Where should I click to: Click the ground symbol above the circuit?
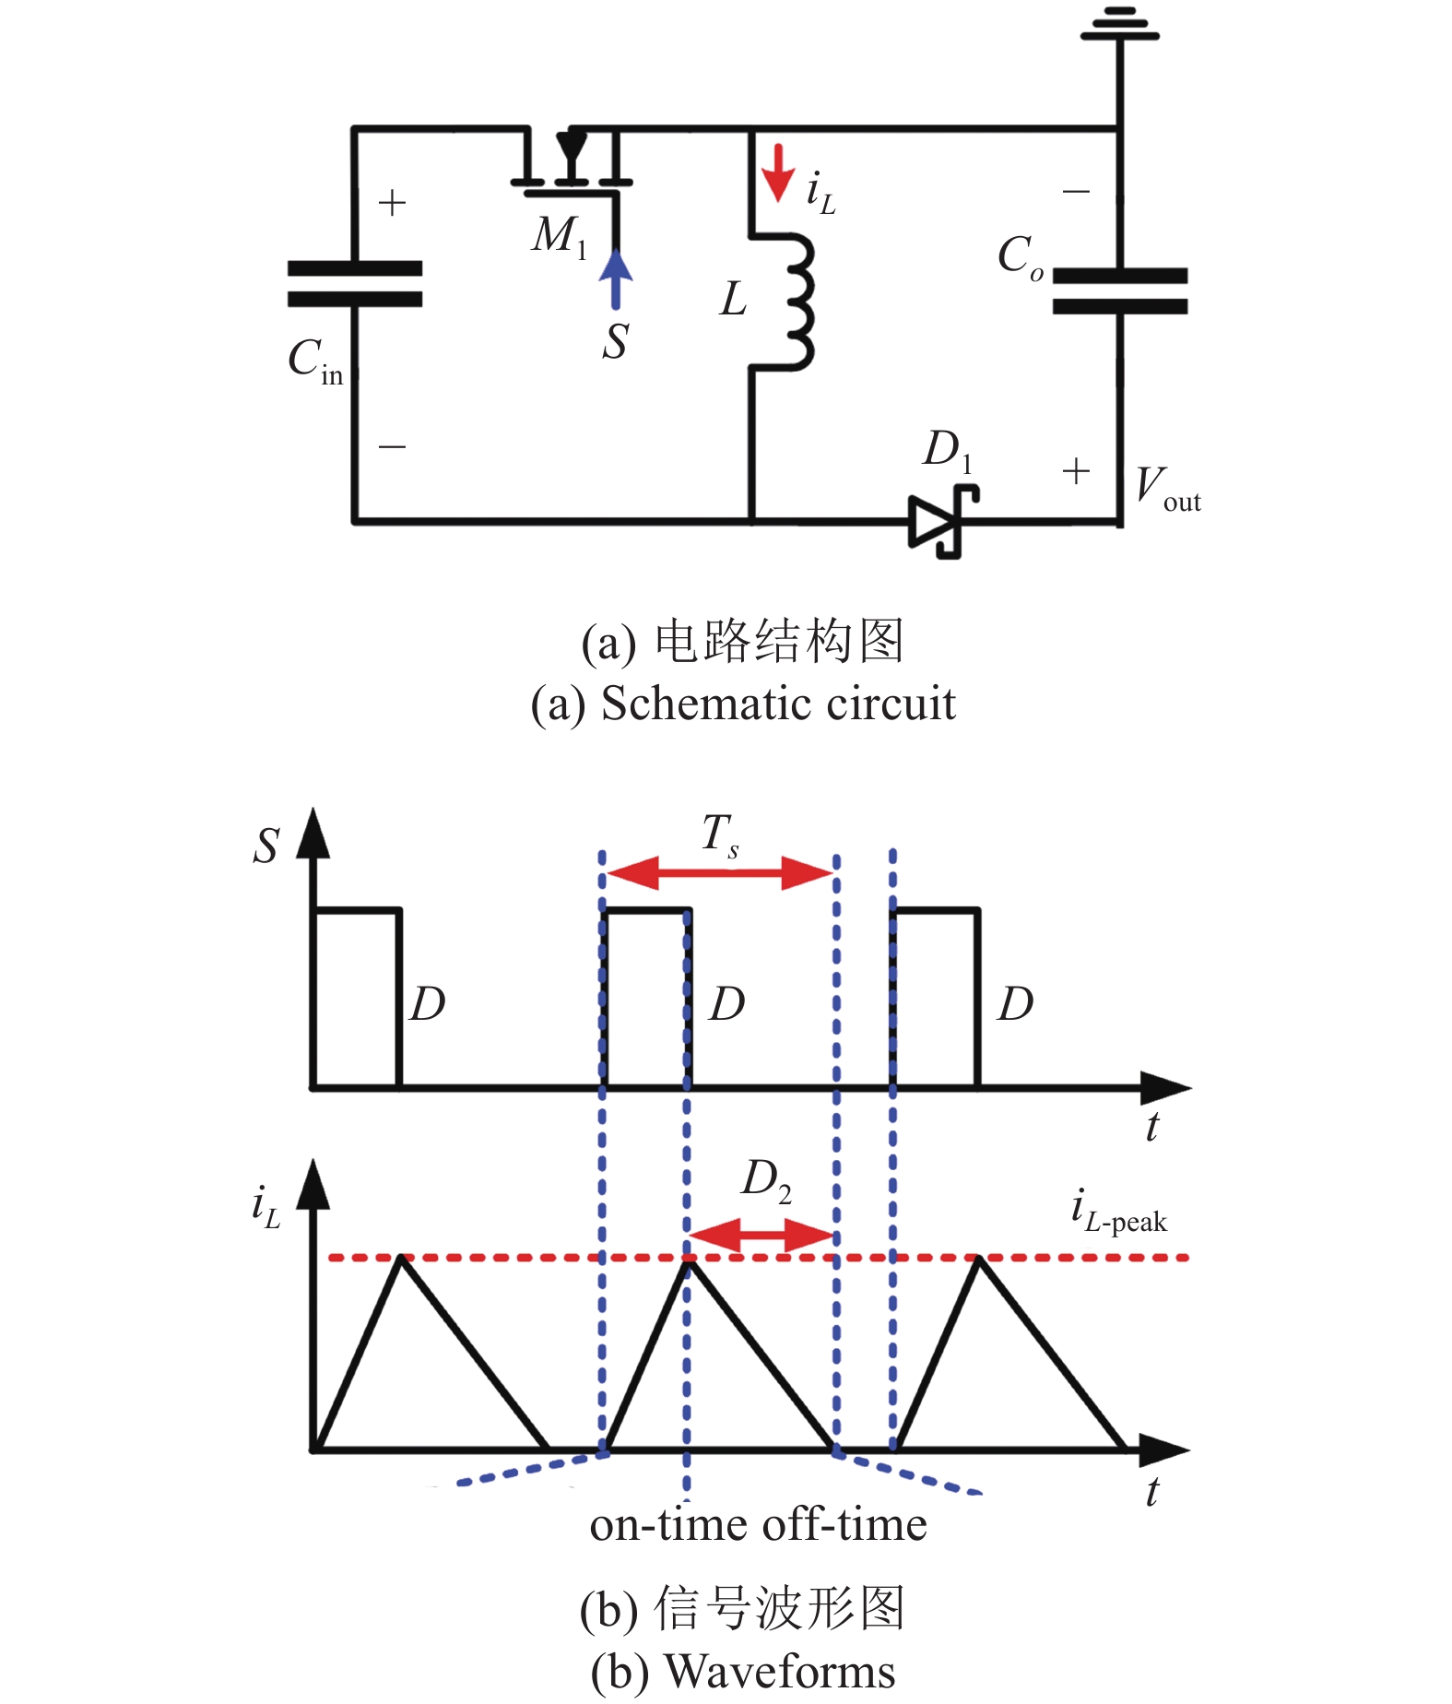1119,26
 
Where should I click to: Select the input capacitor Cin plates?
355,283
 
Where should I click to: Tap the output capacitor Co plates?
1119,290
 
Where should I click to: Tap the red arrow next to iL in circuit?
779,172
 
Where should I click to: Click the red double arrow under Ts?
720,872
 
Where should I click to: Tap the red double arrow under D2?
761,1235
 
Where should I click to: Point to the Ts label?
720,834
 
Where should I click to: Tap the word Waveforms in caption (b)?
779,1672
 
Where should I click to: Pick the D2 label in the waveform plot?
765,1180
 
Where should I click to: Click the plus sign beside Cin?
392,203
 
